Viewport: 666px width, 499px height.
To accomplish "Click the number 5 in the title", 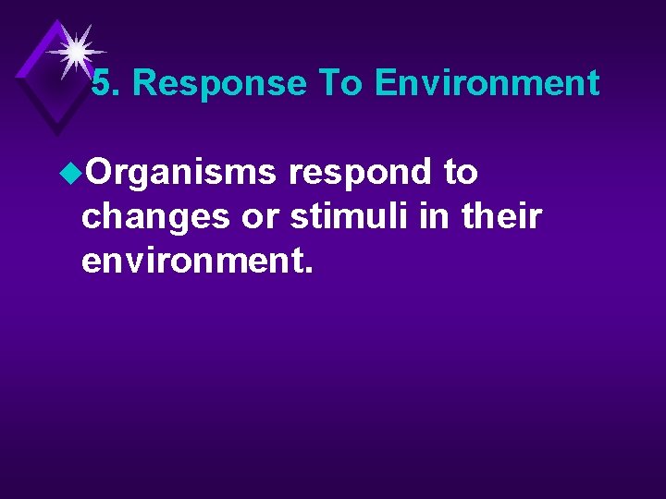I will (104, 84).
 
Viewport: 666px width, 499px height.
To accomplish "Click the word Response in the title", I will (219, 84).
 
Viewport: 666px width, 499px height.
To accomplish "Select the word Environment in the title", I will (487, 84).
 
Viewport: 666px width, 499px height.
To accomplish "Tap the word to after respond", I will (460, 172).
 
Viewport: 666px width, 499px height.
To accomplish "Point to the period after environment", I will (308, 271).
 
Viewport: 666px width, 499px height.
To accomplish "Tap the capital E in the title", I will (386, 84).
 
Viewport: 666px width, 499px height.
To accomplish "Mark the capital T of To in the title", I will (329, 84).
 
